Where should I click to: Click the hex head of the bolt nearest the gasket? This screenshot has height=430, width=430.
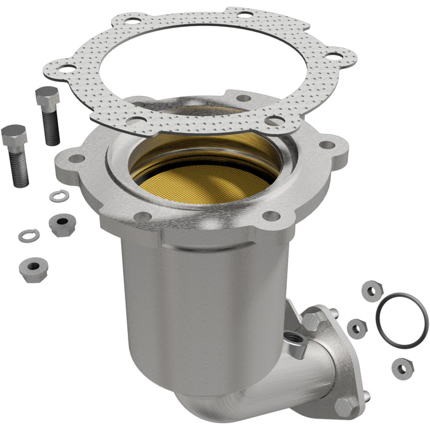pos(47,97)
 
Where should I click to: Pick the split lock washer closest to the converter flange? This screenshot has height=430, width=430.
pos(60,196)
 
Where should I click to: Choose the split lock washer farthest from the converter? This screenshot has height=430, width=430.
pos(28,235)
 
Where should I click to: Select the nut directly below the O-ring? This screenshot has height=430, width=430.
pos(402,367)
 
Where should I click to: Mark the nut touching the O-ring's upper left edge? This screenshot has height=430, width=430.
pos(372,290)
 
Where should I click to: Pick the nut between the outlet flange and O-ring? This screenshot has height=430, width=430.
pos(356,328)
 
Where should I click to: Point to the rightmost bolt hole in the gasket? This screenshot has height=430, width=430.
pos(333,57)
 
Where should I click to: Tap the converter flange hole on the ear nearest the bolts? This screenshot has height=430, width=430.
pos(76,158)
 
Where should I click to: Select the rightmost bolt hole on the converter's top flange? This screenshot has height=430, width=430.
pos(327,146)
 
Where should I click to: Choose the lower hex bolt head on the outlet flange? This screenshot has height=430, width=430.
pos(344,407)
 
